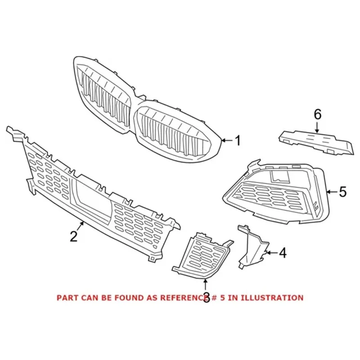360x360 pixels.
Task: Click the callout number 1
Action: (238, 141)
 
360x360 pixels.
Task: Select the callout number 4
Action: (282, 253)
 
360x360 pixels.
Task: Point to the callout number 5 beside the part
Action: (342, 192)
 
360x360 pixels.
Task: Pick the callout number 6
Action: (318, 115)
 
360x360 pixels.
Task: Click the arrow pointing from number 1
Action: (227, 141)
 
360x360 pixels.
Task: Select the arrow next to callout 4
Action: (271, 253)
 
